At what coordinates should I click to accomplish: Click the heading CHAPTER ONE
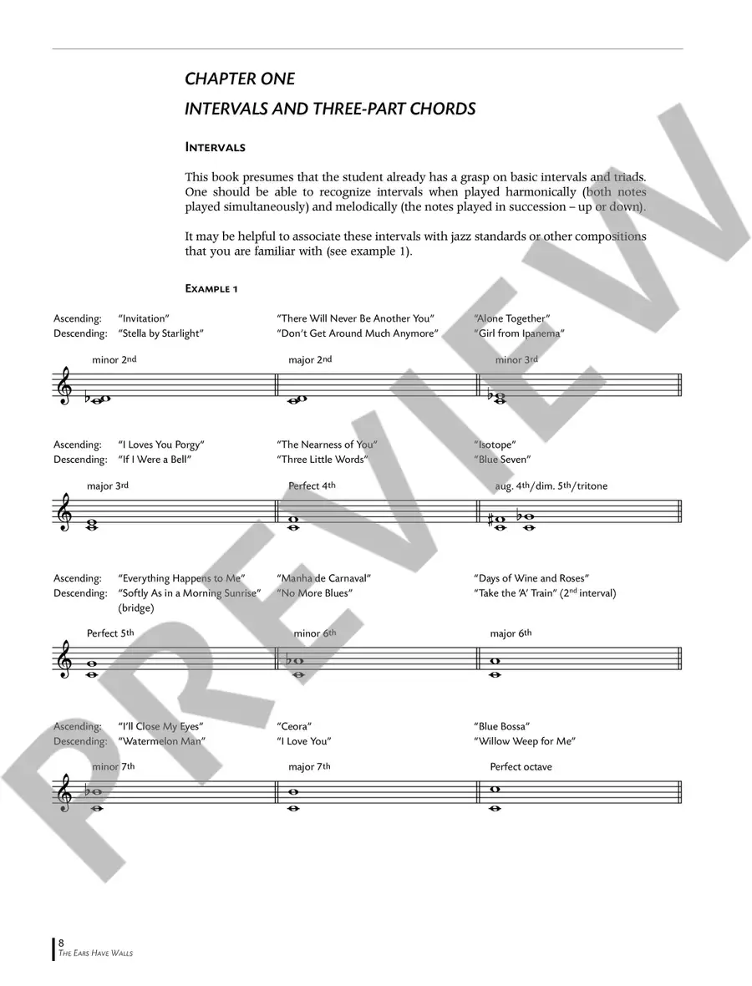click(239, 79)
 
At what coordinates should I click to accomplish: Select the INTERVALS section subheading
click(215, 148)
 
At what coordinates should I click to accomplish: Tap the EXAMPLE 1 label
click(211, 288)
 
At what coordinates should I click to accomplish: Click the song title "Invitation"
click(144, 318)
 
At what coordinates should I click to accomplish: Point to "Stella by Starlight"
click(160, 333)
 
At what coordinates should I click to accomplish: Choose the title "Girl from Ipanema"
click(519, 333)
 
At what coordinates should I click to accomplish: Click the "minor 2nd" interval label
click(114, 360)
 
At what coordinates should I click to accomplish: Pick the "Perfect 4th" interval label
click(312, 485)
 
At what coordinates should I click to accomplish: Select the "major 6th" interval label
click(511, 633)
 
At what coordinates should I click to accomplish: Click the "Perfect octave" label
click(521, 766)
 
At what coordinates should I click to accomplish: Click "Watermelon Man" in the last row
click(162, 741)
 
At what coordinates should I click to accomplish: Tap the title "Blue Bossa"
click(501, 726)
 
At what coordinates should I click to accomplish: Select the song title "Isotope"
click(495, 445)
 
